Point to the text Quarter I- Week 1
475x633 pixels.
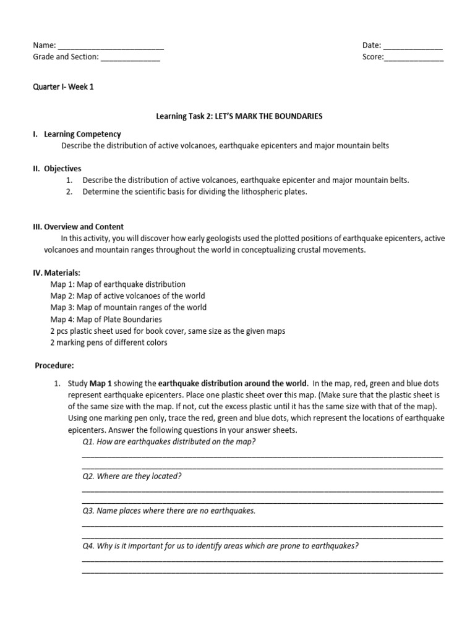[63, 87]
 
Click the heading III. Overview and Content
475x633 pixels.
[78, 227]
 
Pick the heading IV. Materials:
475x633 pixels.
[56, 273]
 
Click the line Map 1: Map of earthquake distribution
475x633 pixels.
[118, 284]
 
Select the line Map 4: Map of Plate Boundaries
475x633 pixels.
[106, 320]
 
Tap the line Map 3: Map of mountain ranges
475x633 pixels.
[128, 308]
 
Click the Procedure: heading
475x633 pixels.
[54, 365]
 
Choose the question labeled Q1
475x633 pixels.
[169, 441]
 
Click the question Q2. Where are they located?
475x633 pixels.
[132, 476]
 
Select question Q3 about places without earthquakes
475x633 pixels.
[168, 511]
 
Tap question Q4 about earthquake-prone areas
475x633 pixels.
[220, 546]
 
